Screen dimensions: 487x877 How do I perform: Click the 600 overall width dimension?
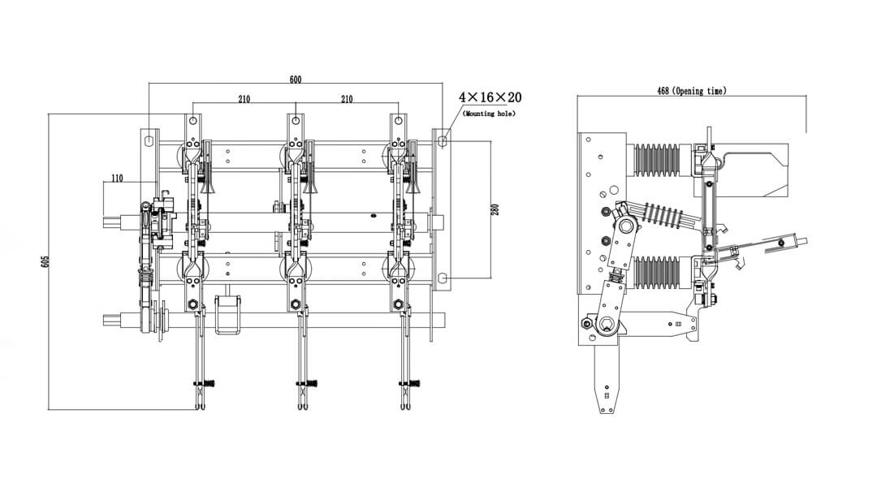click(x=296, y=79)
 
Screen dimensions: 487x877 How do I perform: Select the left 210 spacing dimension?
click(x=244, y=99)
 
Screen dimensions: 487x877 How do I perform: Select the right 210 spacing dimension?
click(x=347, y=99)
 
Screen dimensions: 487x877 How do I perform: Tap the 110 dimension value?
click(x=117, y=179)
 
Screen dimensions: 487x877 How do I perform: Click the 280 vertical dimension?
click(x=495, y=209)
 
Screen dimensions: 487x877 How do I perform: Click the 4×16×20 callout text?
click(x=490, y=97)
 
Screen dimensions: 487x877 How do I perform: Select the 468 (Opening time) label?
click(x=691, y=91)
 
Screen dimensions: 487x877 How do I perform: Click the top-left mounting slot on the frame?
click(x=149, y=140)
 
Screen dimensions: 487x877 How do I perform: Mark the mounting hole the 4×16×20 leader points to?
click(x=442, y=141)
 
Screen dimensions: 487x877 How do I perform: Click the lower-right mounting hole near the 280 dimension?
click(x=442, y=278)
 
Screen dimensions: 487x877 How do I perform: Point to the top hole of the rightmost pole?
click(x=398, y=122)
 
